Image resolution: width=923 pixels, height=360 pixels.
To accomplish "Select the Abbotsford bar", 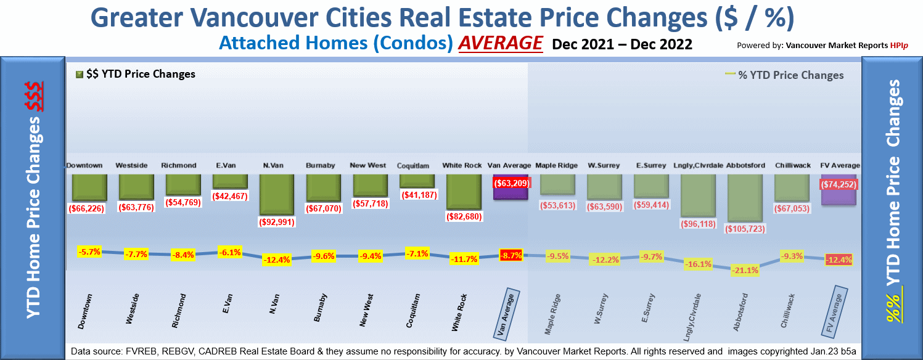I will (745, 197).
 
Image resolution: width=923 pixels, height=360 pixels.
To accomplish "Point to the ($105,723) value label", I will (745, 229).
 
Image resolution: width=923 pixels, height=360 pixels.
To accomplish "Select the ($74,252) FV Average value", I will (839, 184).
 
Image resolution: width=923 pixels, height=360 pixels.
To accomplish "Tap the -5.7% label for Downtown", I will (89, 252).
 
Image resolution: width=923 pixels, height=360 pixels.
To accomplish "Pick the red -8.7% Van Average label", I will (511, 255).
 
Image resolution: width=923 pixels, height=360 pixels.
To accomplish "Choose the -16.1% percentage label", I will (698, 264).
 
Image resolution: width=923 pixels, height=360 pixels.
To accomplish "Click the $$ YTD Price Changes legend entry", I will (135, 75).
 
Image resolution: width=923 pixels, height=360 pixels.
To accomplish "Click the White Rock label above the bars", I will (462, 166).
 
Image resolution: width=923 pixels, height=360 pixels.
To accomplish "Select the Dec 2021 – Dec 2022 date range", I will (621, 44).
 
